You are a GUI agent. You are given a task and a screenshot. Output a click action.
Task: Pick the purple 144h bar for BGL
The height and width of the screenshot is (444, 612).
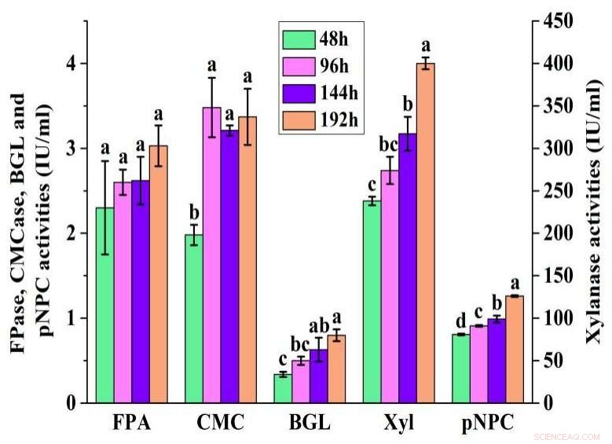[318, 376]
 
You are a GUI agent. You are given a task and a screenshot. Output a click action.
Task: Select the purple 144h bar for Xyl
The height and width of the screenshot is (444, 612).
[407, 268]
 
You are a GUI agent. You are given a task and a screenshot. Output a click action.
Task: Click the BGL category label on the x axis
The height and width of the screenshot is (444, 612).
[310, 424]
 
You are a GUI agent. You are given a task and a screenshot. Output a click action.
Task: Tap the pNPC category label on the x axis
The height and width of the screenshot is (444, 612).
[488, 424]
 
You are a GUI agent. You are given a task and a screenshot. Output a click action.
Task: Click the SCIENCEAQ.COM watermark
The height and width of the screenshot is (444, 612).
[566, 436]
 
